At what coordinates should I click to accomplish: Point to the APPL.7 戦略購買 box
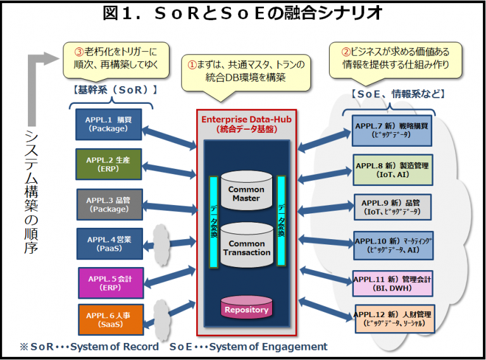[392, 130]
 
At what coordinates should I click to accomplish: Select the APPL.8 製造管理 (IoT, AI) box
[392, 170]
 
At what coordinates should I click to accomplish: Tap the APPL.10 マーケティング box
[393, 245]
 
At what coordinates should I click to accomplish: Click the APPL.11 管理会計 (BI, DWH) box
[393, 282]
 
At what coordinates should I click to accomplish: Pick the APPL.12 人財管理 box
[393, 319]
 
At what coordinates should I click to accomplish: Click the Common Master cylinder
[246, 192]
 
